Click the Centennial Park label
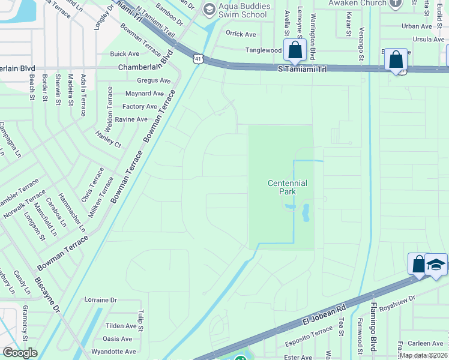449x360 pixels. (x=288, y=187)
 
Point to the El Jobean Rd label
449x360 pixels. (x=324, y=317)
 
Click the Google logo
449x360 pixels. (x=20, y=353)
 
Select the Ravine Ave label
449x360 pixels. (x=131, y=119)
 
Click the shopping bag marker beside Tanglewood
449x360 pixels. (x=295, y=51)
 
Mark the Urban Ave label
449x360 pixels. (x=417, y=26)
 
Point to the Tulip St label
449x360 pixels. (x=140, y=322)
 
